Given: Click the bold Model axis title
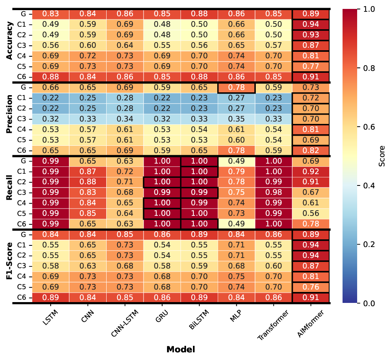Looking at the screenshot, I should tap(181, 349).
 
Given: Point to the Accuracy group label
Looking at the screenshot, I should tap(10, 45).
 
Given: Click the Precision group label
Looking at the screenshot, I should tap(10, 118).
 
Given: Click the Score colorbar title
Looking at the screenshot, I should tap(382, 156).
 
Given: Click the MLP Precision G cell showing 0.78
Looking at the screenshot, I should tap(236, 87).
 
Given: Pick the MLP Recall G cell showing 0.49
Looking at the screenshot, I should tap(236, 161).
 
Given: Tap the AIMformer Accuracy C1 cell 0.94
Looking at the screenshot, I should tap(311, 24).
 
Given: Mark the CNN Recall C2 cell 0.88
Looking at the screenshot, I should tap(88, 182).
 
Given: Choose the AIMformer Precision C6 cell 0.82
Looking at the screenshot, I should tap(311, 150).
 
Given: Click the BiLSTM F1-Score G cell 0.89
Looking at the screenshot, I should tap(199, 234).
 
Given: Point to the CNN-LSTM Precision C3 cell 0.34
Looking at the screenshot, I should tap(125, 119).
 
